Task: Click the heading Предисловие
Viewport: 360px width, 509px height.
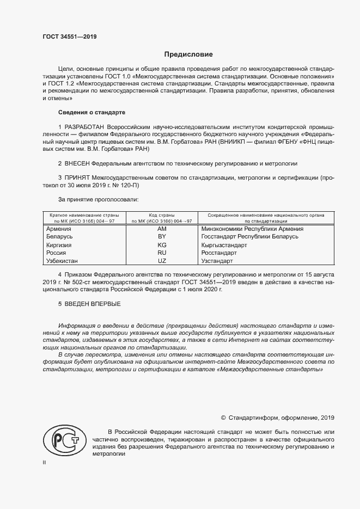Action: click(x=189, y=54)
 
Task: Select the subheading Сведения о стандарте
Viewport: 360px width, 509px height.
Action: click(x=91, y=112)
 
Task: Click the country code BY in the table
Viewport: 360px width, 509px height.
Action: click(x=161, y=237)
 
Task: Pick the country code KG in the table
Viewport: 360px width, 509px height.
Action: click(x=161, y=245)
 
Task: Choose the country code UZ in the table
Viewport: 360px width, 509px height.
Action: click(x=161, y=261)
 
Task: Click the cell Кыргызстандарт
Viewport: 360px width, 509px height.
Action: click(x=224, y=245)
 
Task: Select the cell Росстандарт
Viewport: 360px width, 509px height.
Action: click(x=219, y=253)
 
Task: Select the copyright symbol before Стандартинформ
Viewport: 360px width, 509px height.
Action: click(x=223, y=418)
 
